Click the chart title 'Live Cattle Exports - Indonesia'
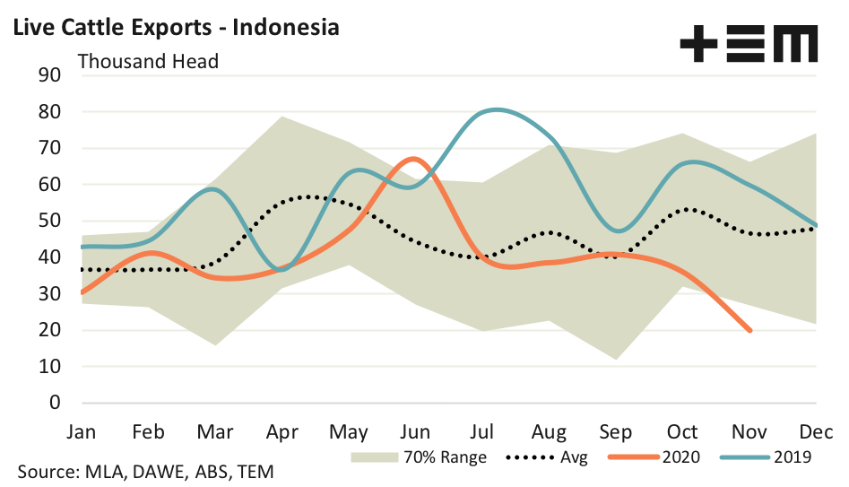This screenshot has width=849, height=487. [x=176, y=27]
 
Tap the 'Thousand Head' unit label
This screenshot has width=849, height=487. [x=149, y=61]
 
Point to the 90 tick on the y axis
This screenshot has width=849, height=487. [x=48, y=75]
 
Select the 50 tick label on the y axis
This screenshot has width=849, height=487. [x=48, y=222]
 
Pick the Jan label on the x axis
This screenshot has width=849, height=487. [x=82, y=431]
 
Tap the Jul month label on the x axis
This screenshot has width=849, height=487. [x=484, y=431]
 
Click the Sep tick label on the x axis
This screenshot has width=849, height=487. [x=617, y=431]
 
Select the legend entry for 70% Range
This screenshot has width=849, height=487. [x=419, y=457]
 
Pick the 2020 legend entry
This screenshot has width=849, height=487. [x=654, y=457]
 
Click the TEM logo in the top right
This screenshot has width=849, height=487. [x=749, y=43]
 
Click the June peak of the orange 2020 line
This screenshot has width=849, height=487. [x=412, y=159]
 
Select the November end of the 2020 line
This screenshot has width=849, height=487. [x=749, y=331]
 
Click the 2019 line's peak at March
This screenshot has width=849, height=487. [x=212, y=189]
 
